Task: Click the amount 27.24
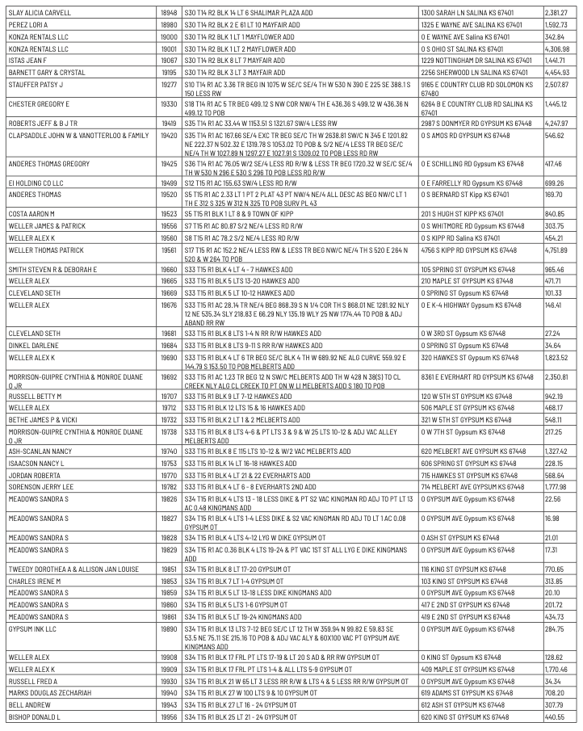[552, 333]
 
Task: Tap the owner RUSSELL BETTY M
[35, 397]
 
